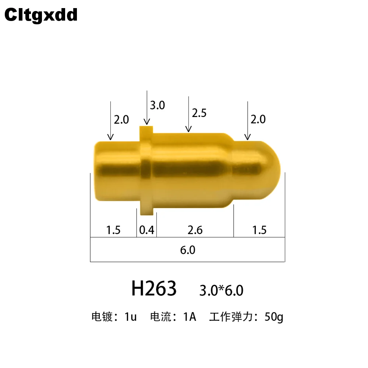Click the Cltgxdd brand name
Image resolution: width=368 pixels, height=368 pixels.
(x=41, y=15)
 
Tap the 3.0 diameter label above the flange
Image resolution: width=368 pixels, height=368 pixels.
(x=158, y=105)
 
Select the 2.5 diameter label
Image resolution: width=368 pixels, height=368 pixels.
(x=199, y=113)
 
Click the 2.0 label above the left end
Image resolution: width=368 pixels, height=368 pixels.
(x=121, y=120)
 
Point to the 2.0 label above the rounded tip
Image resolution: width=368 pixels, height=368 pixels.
(x=258, y=119)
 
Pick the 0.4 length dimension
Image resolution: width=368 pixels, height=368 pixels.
(x=147, y=230)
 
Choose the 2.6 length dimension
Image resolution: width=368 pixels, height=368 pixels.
(x=195, y=230)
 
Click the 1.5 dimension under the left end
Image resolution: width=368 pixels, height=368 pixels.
(x=113, y=230)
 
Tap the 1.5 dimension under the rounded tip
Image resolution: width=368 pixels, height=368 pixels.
(x=259, y=230)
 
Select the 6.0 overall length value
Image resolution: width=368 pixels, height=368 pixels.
(x=188, y=250)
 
